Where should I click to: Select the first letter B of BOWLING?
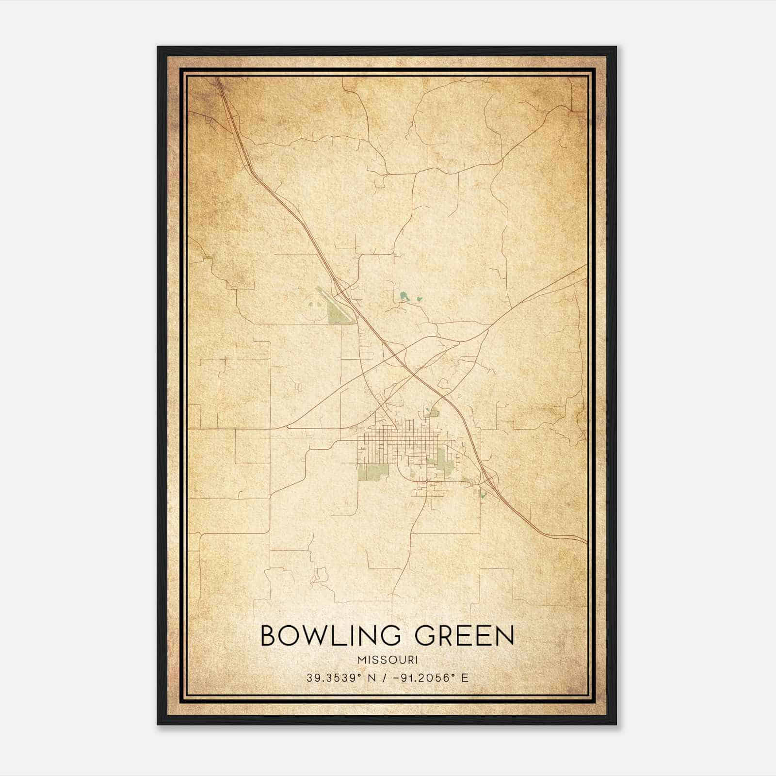tap(268, 635)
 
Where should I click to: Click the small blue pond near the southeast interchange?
tap(483, 496)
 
